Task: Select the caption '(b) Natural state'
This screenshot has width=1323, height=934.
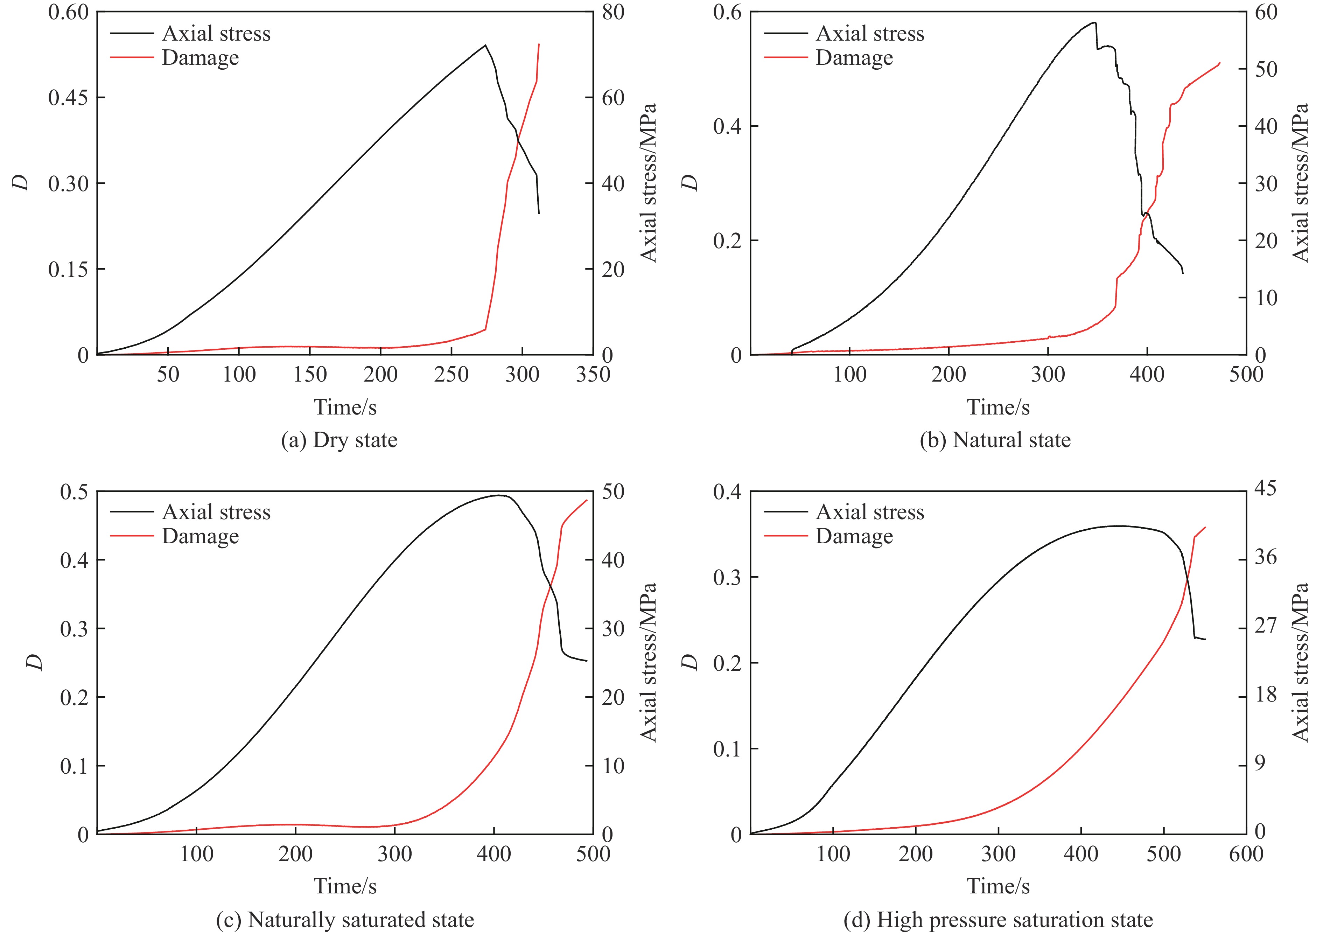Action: click(995, 440)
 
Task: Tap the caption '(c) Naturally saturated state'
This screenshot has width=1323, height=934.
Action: click(345, 920)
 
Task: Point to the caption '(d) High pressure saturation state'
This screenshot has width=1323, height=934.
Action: click(998, 920)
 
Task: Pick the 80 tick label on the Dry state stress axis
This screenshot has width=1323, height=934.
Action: click(613, 12)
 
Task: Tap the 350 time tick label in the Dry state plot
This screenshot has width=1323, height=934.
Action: click(593, 375)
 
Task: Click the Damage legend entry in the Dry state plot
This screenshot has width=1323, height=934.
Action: click(200, 58)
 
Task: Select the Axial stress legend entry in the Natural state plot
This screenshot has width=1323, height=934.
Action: click(869, 33)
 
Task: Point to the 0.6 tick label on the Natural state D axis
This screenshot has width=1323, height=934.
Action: click(727, 12)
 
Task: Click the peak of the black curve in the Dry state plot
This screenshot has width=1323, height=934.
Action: click(485, 45)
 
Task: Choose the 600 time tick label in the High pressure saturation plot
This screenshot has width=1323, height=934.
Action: click(1246, 853)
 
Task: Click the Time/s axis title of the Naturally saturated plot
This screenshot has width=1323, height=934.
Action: click(345, 886)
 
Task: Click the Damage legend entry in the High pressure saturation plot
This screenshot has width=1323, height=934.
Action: click(854, 536)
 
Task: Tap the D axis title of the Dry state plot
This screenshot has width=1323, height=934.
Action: click(22, 183)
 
